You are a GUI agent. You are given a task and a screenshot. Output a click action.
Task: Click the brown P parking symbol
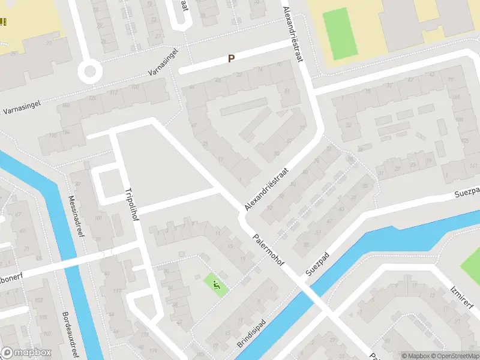point(230,59)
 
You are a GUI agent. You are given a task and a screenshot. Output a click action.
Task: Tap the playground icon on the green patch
point(217,285)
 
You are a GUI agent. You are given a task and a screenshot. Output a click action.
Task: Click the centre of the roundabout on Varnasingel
point(90,72)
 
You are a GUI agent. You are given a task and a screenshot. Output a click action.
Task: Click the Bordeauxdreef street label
point(70,333)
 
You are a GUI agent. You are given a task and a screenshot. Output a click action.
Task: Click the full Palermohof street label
point(268,248)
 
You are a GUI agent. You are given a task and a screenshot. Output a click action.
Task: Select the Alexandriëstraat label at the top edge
point(292,33)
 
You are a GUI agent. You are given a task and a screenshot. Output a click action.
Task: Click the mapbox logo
point(26,352)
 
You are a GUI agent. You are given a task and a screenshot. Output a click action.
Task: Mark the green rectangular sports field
point(340,34)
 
